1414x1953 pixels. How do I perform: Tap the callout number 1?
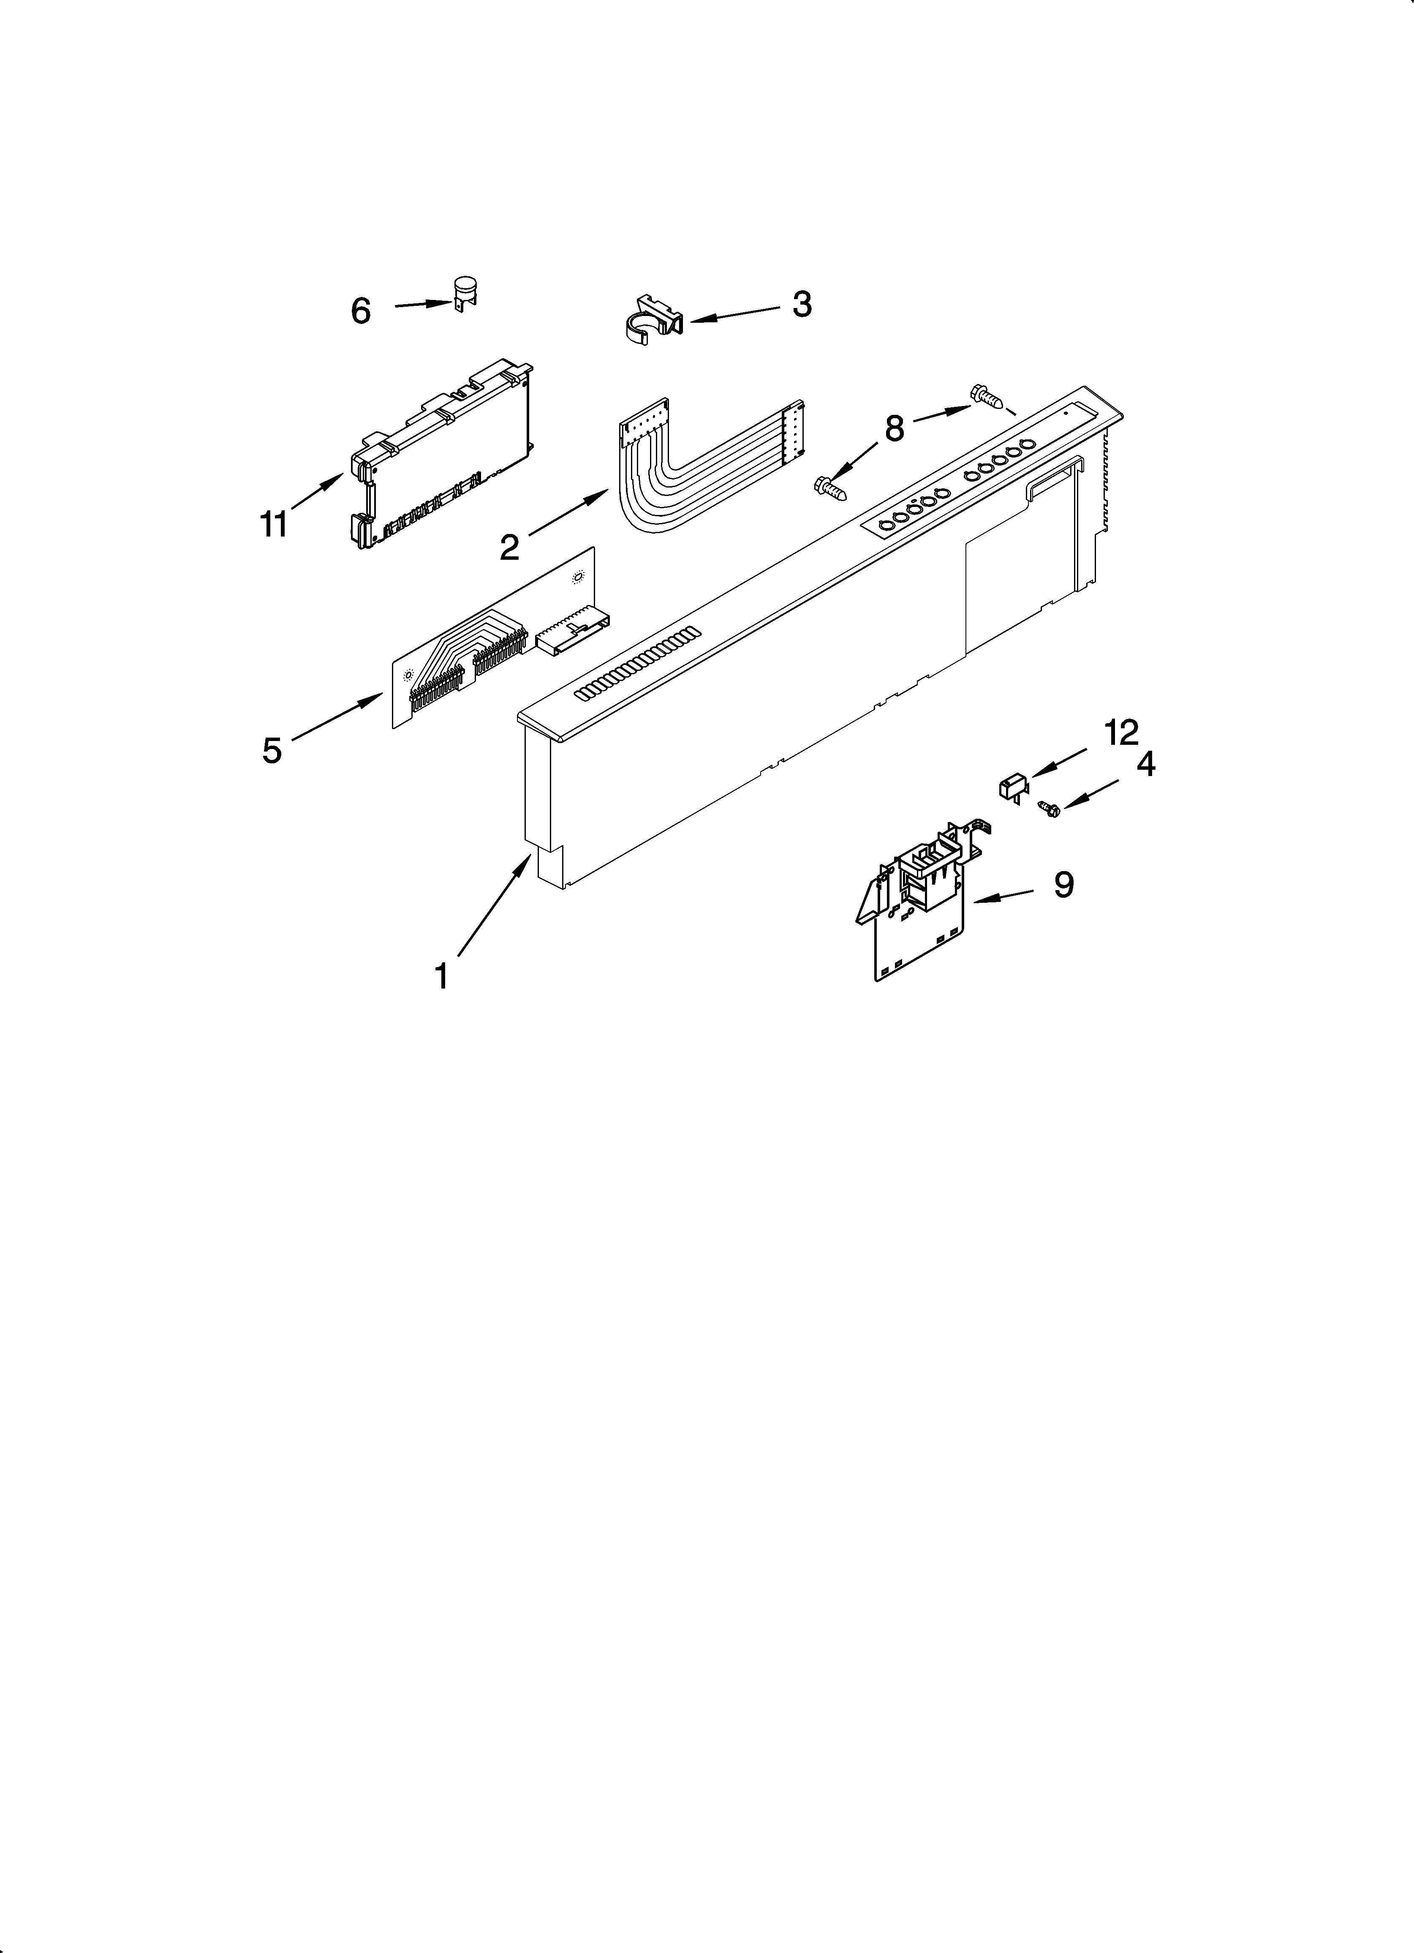tap(441, 977)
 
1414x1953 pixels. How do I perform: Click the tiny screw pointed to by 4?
tap(1048, 807)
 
